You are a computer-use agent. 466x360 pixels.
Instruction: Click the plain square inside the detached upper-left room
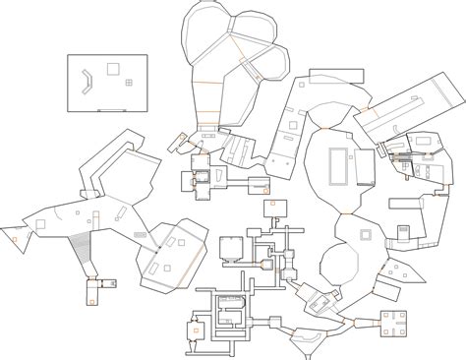[113, 69]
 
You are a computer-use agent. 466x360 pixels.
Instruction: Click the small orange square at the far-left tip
[17, 240]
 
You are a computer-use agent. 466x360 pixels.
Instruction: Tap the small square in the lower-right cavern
[366, 235]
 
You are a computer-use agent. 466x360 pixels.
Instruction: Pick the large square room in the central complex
[232, 247]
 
